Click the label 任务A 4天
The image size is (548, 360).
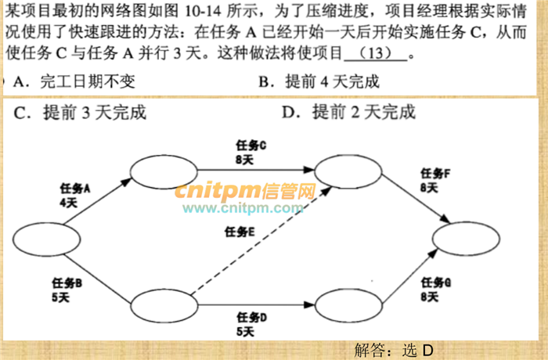[75, 196]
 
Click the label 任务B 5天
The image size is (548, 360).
[67, 290]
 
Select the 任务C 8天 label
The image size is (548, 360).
[251, 153]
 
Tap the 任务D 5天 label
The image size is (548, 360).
[251, 325]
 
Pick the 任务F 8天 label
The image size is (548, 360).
[435, 180]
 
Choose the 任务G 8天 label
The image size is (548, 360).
[436, 290]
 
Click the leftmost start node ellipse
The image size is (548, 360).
[46, 239]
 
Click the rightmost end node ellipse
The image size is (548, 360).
[466, 239]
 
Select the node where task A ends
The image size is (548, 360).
[164, 172]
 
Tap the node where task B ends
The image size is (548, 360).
[164, 306]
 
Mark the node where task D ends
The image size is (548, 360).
[348, 305]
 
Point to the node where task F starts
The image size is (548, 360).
[348, 171]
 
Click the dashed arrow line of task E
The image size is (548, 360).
[261, 241]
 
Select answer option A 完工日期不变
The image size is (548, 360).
[74, 81]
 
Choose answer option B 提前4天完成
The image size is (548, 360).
[319, 81]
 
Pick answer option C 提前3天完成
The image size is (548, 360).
[80, 113]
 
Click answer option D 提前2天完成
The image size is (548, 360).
[348, 112]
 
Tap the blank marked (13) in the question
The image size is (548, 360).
[376, 53]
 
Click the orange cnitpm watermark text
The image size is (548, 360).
[245, 191]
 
